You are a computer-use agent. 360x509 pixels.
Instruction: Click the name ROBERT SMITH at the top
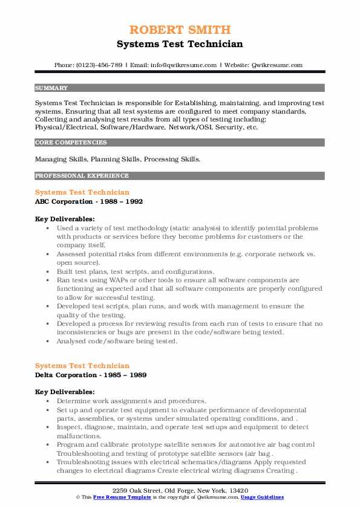[180, 30]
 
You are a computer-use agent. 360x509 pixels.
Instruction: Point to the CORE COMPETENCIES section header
[71, 143]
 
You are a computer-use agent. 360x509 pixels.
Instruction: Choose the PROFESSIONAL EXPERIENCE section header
[82, 176]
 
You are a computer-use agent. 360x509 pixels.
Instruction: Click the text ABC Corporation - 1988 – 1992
[89, 201]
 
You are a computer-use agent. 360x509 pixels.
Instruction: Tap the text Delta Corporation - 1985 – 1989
[91, 375]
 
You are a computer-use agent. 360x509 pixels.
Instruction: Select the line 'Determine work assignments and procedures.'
[131, 401]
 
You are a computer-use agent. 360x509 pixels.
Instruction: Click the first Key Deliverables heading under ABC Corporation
[65, 219]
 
